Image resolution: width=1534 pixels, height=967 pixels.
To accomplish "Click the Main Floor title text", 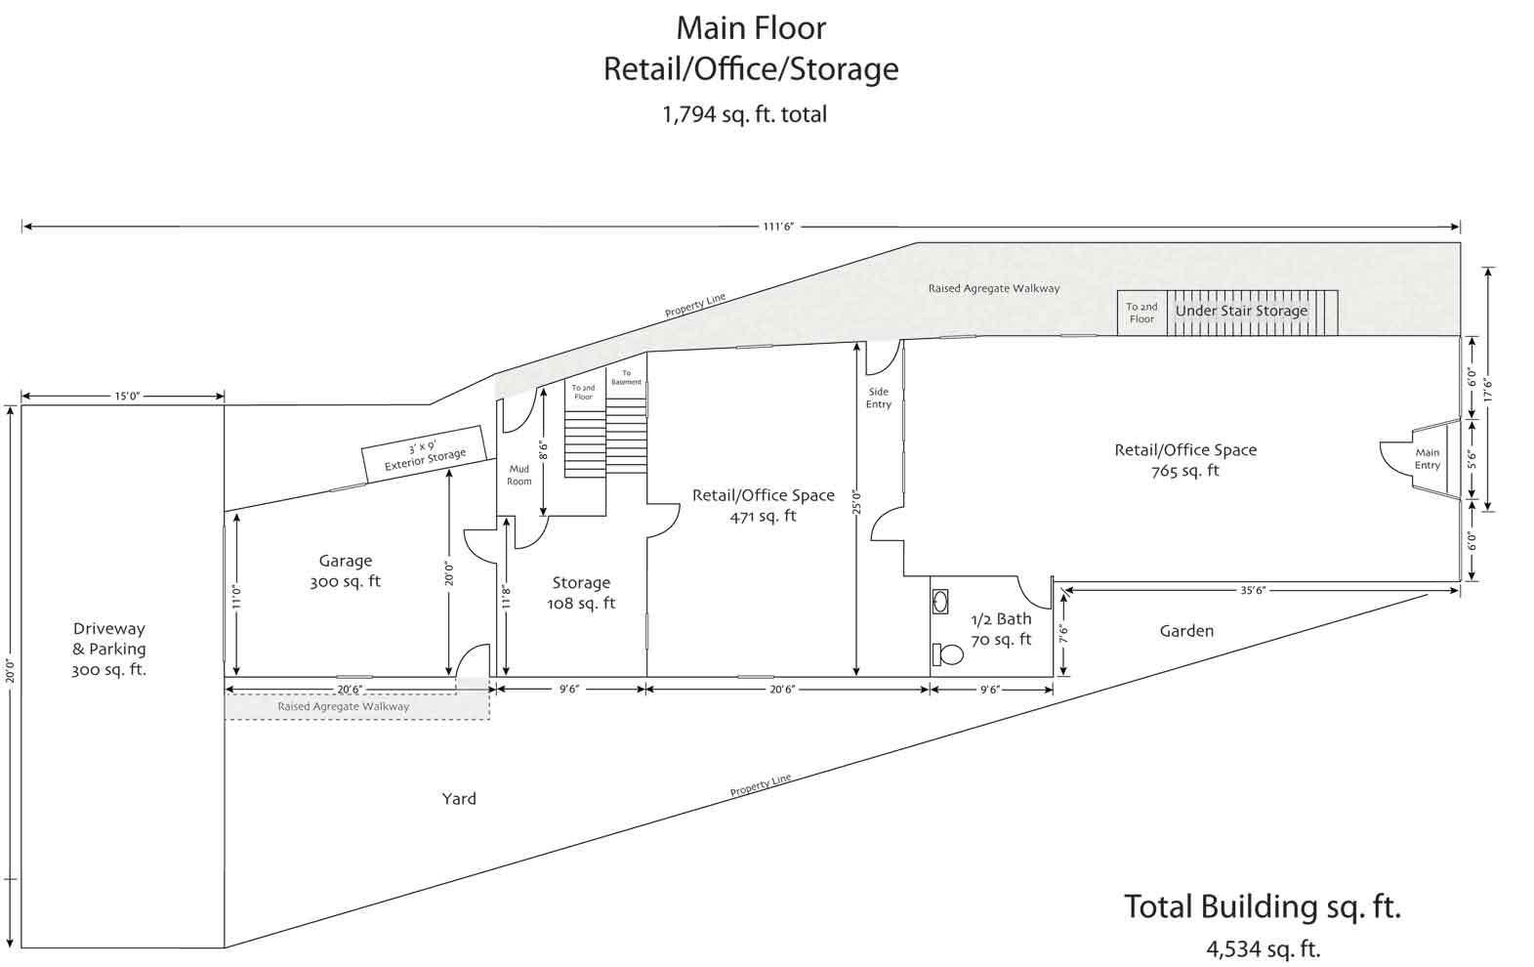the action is click(x=751, y=28).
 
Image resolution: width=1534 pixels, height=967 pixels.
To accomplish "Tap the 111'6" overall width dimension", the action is click(x=778, y=227).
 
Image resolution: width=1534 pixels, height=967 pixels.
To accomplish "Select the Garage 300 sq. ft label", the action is click(x=345, y=571).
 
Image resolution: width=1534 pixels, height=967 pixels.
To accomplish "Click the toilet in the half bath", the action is click(x=948, y=654).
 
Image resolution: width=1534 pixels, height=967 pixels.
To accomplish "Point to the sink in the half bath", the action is click(x=940, y=602).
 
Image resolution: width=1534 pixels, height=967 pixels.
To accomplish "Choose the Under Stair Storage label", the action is click(x=1242, y=311).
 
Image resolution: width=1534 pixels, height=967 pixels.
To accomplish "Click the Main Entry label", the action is click(x=1428, y=459).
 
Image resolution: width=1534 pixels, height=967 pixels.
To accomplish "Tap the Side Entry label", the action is click(x=879, y=398).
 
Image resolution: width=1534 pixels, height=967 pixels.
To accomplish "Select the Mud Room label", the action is click(x=519, y=476).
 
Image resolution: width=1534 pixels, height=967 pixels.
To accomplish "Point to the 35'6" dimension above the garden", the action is click(x=1253, y=590).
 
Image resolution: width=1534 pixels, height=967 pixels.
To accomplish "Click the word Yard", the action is click(x=459, y=799).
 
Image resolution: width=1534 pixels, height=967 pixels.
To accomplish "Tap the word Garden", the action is click(x=1186, y=631).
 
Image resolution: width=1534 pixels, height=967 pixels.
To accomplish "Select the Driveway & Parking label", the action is click(x=109, y=650).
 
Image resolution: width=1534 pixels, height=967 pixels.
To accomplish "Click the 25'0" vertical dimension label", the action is click(x=856, y=502).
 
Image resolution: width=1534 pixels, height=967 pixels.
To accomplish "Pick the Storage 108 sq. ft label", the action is click(x=581, y=593).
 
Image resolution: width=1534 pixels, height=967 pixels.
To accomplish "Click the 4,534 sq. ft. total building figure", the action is click(x=1264, y=949).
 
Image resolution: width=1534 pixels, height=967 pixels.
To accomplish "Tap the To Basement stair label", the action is click(x=627, y=377).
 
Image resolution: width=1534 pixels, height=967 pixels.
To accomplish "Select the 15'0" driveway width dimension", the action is click(x=127, y=396).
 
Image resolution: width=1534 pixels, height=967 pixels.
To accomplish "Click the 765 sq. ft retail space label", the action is click(x=1185, y=471).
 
